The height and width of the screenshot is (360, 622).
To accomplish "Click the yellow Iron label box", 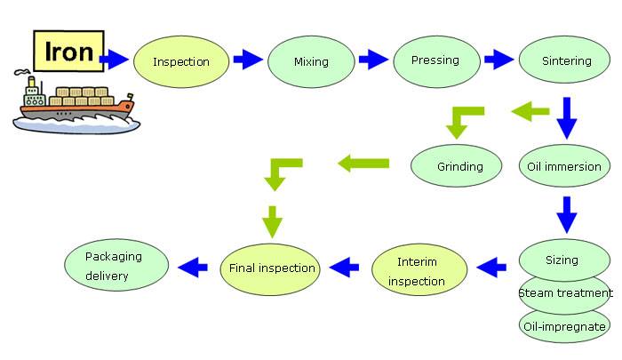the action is (x=68, y=52).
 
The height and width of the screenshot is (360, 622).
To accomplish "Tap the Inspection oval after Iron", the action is (x=181, y=62).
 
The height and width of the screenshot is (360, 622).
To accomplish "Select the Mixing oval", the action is (x=311, y=62).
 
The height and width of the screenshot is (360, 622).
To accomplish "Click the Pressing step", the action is (x=437, y=61).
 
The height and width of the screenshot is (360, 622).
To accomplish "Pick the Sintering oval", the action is (x=564, y=60).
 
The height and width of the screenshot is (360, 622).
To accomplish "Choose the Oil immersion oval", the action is (x=564, y=166).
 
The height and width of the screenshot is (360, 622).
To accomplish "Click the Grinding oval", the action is (x=456, y=166).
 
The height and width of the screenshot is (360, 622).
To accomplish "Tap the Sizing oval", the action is (x=564, y=260).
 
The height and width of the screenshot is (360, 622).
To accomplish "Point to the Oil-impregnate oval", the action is (x=564, y=326).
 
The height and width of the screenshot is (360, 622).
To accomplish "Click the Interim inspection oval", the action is (x=419, y=269).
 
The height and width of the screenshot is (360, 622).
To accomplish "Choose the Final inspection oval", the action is (x=270, y=269).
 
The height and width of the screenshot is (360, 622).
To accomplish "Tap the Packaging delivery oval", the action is (x=116, y=265).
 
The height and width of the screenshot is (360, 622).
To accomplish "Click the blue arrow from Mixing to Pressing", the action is (x=373, y=60).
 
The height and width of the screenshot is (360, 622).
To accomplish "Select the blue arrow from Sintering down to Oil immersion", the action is (x=567, y=118).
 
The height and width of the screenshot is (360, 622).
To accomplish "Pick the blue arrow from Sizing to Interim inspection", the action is (x=491, y=268).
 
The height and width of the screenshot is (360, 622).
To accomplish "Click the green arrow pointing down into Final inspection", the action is (x=272, y=222).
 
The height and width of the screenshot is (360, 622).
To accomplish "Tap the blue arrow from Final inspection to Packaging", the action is (x=193, y=268).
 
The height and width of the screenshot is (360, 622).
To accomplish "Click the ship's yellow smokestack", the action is (x=32, y=82).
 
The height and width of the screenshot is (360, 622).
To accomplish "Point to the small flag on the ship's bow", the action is (x=130, y=97).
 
